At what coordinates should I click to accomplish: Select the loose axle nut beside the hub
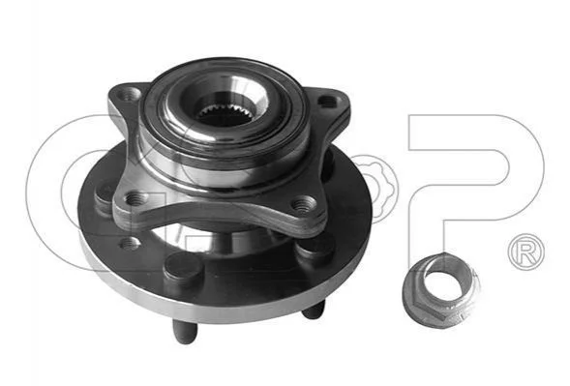(441, 289)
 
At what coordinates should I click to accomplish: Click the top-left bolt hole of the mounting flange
(127, 94)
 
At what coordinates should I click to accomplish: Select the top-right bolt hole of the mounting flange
(326, 101)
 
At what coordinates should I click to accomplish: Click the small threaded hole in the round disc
(129, 243)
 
